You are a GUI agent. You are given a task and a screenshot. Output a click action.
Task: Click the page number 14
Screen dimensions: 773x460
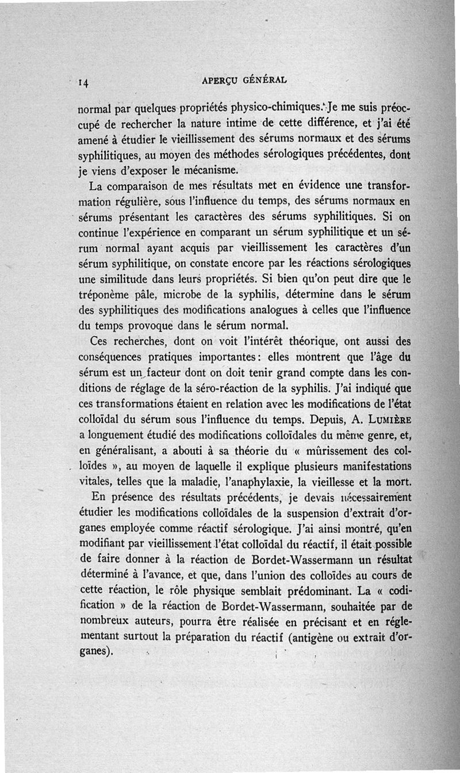(x=83, y=82)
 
